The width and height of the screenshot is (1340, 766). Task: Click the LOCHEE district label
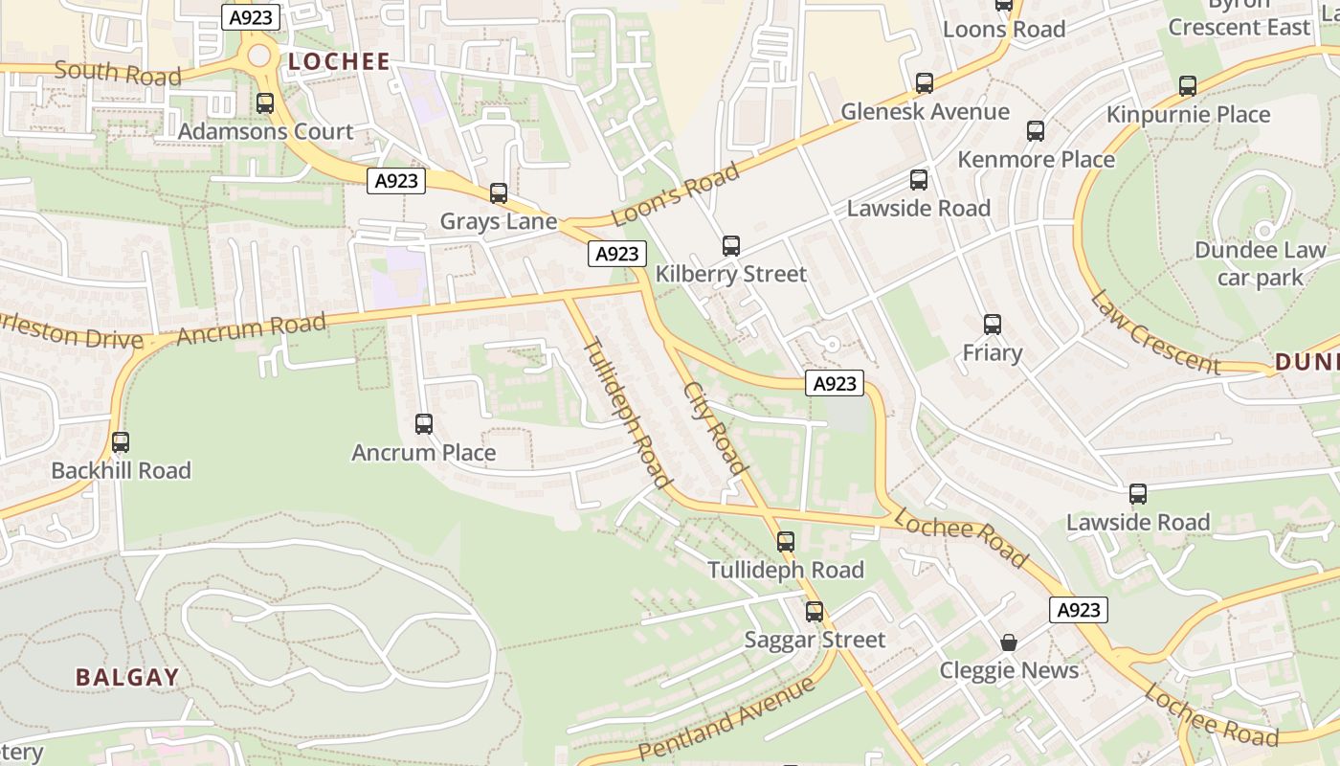click(339, 62)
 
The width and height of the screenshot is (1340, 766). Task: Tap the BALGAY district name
click(127, 677)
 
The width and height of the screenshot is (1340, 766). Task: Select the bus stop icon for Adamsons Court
click(265, 103)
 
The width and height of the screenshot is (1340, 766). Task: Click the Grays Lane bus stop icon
click(498, 193)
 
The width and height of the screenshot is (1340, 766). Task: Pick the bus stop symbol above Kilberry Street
click(731, 246)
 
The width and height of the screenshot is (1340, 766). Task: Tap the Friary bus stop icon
click(992, 325)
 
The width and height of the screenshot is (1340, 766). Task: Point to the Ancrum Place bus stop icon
click(423, 423)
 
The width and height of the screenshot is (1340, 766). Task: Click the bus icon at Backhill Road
click(121, 442)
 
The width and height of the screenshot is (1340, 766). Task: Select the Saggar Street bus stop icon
click(814, 611)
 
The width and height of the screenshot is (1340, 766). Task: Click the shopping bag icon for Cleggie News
click(1009, 642)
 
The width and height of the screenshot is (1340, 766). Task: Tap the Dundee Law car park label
click(1261, 264)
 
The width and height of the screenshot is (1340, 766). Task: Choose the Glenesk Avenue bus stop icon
click(924, 83)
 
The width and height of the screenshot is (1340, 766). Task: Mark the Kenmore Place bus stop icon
click(1036, 131)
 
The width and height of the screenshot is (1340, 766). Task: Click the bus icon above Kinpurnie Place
click(1188, 86)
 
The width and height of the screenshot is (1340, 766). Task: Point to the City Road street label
click(715, 428)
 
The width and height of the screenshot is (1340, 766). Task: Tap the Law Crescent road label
click(1155, 332)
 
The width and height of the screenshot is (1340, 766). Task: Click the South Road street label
click(117, 73)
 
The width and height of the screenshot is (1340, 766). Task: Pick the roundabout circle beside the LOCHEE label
click(259, 56)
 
